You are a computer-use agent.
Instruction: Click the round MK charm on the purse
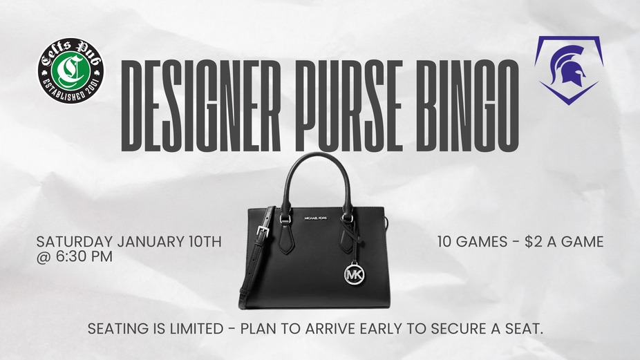click(355, 274)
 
